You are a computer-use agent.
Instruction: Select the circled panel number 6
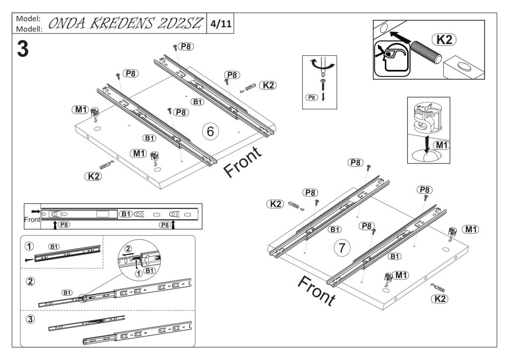[x=210, y=131]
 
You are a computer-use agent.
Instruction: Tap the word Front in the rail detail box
[x=33, y=220]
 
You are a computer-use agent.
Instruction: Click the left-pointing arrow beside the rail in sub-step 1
[x=29, y=260]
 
